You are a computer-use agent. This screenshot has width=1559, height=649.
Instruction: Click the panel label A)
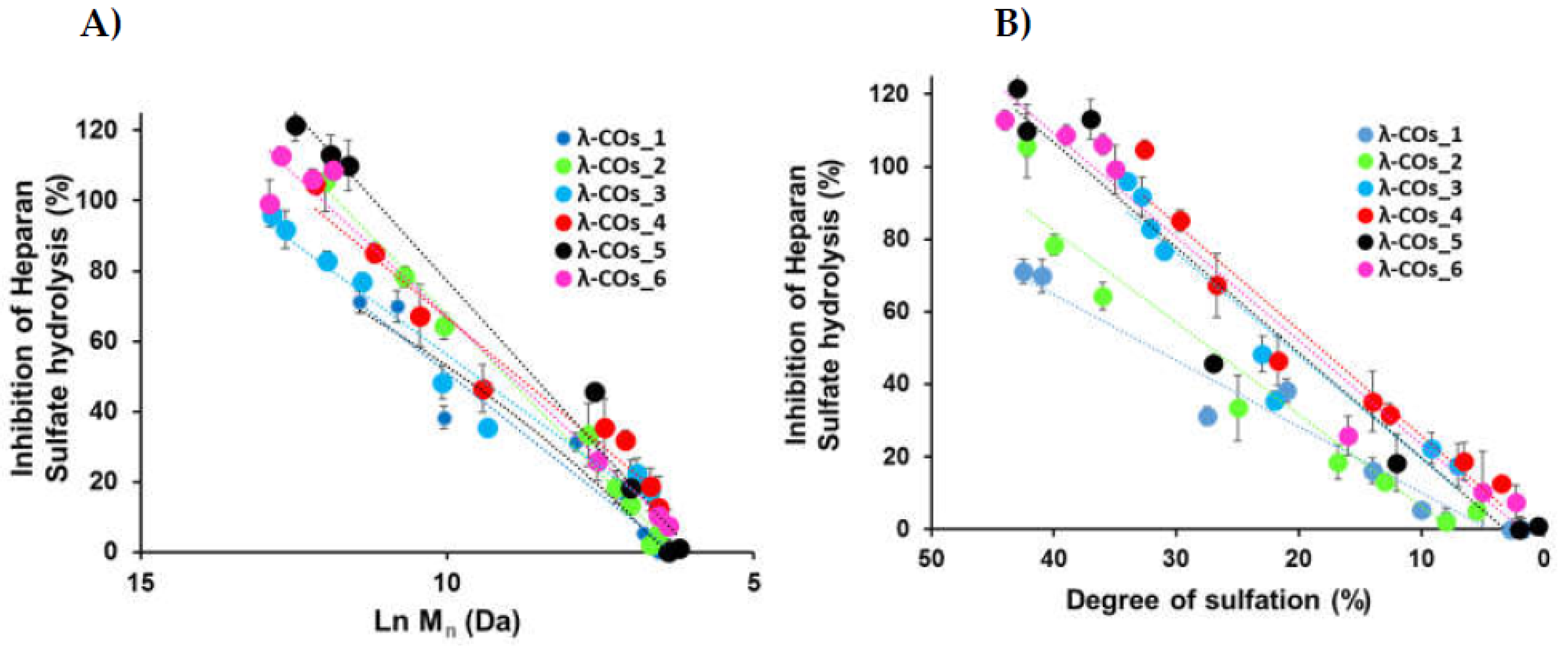pos(101,25)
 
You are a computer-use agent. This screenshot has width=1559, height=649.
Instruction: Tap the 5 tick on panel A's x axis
pos(753,582)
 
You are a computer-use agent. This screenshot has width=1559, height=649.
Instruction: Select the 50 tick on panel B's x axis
pos(931,558)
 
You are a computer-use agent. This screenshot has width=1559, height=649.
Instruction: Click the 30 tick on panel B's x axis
pos(1176,558)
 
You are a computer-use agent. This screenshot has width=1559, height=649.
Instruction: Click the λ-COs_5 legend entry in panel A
pos(611,251)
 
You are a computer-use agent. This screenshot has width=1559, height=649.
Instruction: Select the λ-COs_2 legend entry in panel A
pos(611,166)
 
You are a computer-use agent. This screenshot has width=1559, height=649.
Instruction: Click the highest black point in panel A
pos(296,126)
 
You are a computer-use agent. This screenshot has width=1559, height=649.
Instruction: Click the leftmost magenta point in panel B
pos(1005,120)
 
